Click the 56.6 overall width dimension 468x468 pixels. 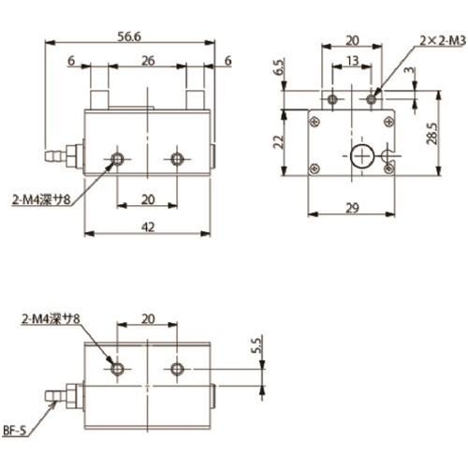[x=129, y=37]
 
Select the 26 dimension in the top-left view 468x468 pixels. [x=148, y=61]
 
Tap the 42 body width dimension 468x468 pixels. [x=148, y=227]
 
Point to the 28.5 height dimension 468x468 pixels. [x=432, y=134]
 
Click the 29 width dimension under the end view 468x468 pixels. [x=352, y=208]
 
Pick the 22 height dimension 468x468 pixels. [x=278, y=142]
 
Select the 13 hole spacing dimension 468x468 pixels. [x=352, y=61]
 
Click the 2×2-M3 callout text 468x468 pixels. [x=443, y=40]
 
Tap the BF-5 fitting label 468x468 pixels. [x=14, y=431]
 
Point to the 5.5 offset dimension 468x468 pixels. [x=257, y=345]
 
